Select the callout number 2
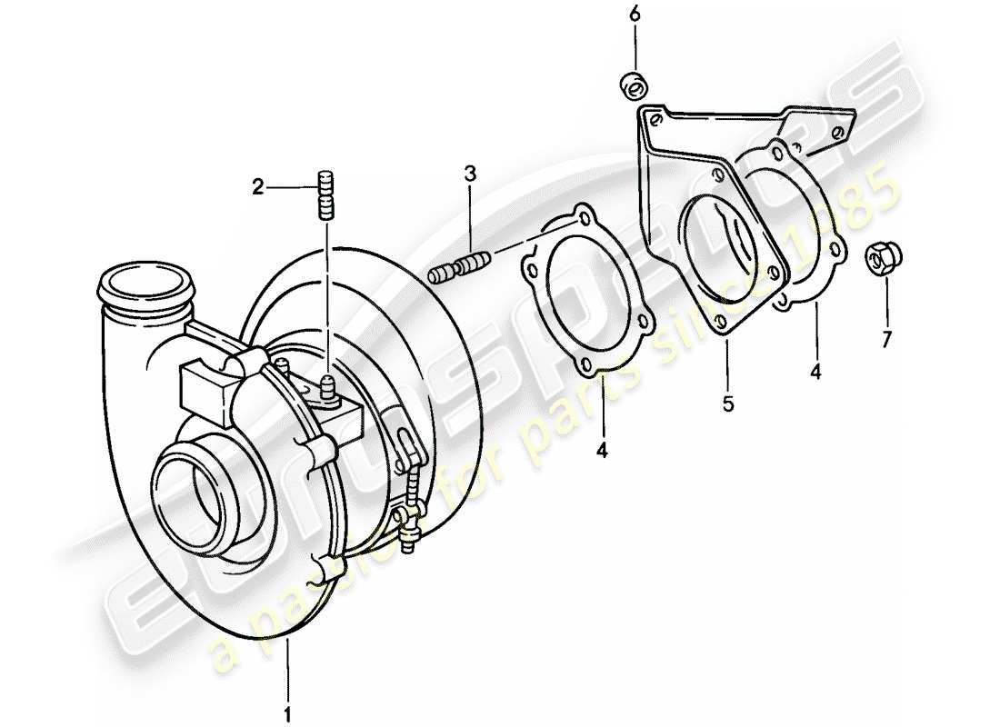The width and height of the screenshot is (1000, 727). (258, 188)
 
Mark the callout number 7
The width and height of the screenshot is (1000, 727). (886, 339)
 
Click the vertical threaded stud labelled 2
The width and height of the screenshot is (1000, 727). (326, 194)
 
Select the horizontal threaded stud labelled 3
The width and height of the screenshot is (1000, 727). (459, 269)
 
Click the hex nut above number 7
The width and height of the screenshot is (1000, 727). (878, 257)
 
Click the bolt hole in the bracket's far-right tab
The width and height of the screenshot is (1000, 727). (837, 130)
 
